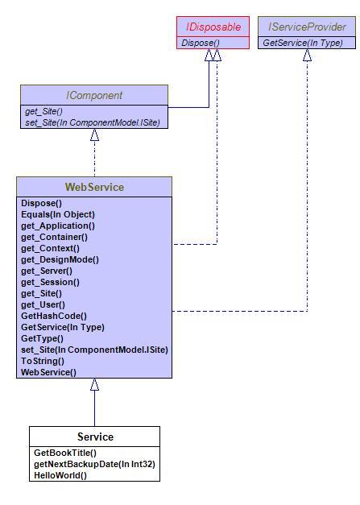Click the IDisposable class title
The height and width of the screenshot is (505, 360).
point(213,27)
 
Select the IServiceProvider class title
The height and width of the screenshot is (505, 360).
point(307,27)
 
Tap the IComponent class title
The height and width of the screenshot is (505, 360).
point(94,95)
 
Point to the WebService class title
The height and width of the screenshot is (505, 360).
point(94,187)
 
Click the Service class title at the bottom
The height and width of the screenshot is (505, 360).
point(95,437)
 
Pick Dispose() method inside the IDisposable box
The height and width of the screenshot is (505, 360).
point(201,43)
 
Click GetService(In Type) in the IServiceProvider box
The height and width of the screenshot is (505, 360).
point(303,43)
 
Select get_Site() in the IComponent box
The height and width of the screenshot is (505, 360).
point(43,111)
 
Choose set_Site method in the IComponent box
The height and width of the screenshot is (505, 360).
point(93,122)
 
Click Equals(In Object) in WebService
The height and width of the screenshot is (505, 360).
point(58,214)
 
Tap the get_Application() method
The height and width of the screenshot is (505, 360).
point(58,226)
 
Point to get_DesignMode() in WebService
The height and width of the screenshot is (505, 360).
point(60,259)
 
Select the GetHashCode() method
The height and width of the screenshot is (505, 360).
point(54,316)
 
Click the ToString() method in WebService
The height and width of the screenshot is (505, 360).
point(43,361)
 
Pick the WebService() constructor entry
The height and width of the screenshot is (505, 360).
point(48,372)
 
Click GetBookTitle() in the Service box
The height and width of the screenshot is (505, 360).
point(65,453)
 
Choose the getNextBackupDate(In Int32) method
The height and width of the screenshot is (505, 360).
point(94,464)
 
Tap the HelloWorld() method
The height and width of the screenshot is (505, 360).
point(60,475)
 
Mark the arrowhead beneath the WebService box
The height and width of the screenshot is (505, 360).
point(94,384)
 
